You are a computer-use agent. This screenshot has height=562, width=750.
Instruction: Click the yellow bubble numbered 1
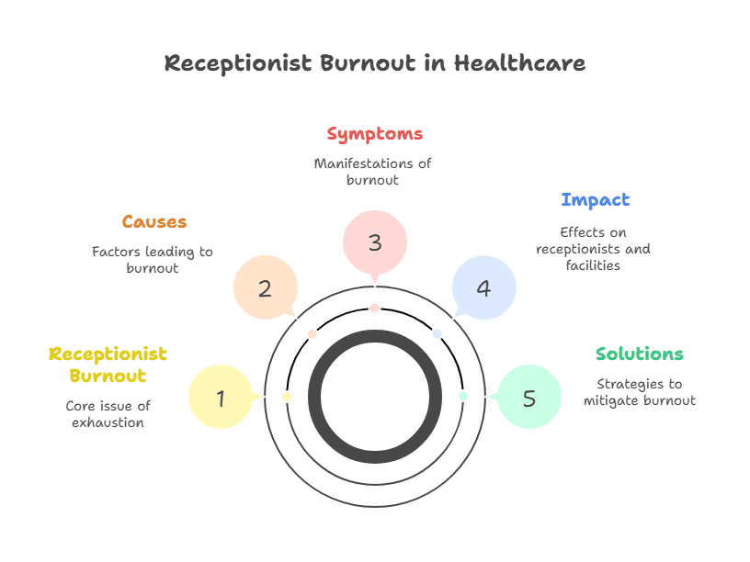click(221, 398)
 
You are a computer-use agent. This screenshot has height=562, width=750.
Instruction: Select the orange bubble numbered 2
click(265, 288)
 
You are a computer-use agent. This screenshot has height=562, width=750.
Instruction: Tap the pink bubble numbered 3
click(374, 243)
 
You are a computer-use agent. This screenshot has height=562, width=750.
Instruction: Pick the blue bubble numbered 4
click(483, 288)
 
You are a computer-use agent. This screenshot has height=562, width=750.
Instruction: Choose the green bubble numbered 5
click(528, 398)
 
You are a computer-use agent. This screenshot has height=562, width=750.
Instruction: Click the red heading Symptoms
click(374, 134)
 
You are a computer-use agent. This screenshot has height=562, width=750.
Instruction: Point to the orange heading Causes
click(153, 222)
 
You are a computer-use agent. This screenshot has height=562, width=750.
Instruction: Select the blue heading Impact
click(595, 200)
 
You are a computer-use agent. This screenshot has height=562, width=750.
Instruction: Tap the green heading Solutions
click(639, 354)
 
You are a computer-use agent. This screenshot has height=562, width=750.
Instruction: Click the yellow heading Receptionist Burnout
click(108, 365)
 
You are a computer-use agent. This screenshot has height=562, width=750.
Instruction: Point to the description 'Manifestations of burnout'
click(372, 172)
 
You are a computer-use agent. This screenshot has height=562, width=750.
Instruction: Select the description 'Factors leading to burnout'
click(152, 260)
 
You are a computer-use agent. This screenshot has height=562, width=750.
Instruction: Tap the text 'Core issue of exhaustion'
click(108, 414)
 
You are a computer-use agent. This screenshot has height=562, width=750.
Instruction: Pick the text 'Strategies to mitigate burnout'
click(639, 392)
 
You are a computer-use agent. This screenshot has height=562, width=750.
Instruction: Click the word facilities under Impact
click(594, 265)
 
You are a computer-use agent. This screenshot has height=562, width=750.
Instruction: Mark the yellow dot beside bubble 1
click(287, 397)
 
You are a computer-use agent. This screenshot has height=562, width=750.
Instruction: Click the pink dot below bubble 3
click(374, 309)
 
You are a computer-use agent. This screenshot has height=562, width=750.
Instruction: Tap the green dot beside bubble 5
click(463, 396)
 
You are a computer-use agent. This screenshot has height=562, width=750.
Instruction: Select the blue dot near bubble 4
click(437, 333)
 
